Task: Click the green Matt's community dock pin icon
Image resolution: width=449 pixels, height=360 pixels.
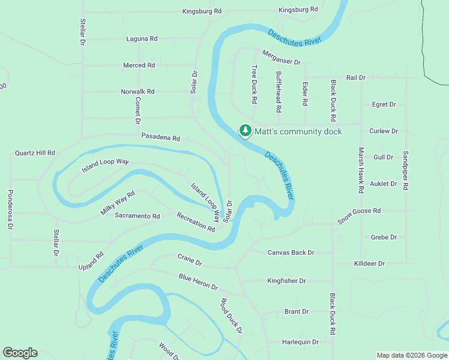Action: (x=245, y=130)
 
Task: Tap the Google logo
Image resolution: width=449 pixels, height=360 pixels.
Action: (x=20, y=353)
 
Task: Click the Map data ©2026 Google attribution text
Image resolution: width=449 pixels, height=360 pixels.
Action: (x=411, y=355)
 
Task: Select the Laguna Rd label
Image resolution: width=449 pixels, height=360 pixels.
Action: (x=142, y=38)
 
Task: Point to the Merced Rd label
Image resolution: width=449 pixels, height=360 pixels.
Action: (x=139, y=65)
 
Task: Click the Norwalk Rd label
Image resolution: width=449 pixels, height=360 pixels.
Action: (x=137, y=92)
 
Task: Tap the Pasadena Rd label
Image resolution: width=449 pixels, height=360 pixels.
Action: (x=160, y=137)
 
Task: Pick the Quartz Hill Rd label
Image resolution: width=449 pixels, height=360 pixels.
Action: (x=35, y=153)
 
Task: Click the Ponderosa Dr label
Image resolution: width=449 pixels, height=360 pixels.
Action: (x=10, y=210)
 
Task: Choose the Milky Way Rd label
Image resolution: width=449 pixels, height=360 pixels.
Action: (x=118, y=203)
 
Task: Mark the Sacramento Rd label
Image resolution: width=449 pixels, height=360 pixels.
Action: (x=137, y=216)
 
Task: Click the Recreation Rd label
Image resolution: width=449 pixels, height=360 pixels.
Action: (x=196, y=221)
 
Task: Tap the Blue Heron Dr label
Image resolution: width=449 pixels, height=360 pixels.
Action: (x=198, y=281)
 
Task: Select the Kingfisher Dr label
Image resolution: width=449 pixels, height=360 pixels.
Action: (x=286, y=281)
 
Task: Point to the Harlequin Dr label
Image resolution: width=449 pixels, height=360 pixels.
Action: (x=300, y=342)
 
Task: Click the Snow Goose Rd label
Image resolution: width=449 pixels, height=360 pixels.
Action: (x=359, y=215)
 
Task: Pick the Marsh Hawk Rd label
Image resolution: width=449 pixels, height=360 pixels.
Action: (x=361, y=170)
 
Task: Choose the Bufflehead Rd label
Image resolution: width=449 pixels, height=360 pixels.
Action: (x=279, y=93)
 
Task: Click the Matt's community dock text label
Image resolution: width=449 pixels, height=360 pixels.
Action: (x=298, y=131)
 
